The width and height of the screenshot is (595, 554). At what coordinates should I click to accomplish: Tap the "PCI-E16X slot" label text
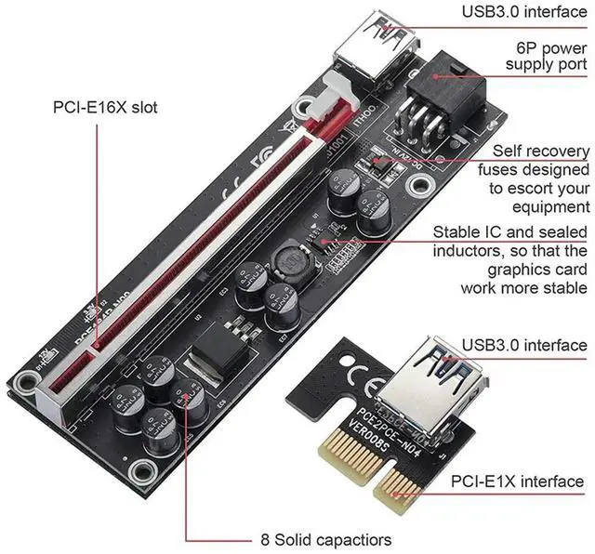105,108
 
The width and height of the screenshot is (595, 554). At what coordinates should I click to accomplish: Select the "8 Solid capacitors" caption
324,538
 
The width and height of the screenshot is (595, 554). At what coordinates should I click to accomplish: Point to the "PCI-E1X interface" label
518,481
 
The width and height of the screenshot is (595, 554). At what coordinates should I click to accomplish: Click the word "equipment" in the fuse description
549,206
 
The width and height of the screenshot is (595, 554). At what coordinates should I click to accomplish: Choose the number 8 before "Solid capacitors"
264,538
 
